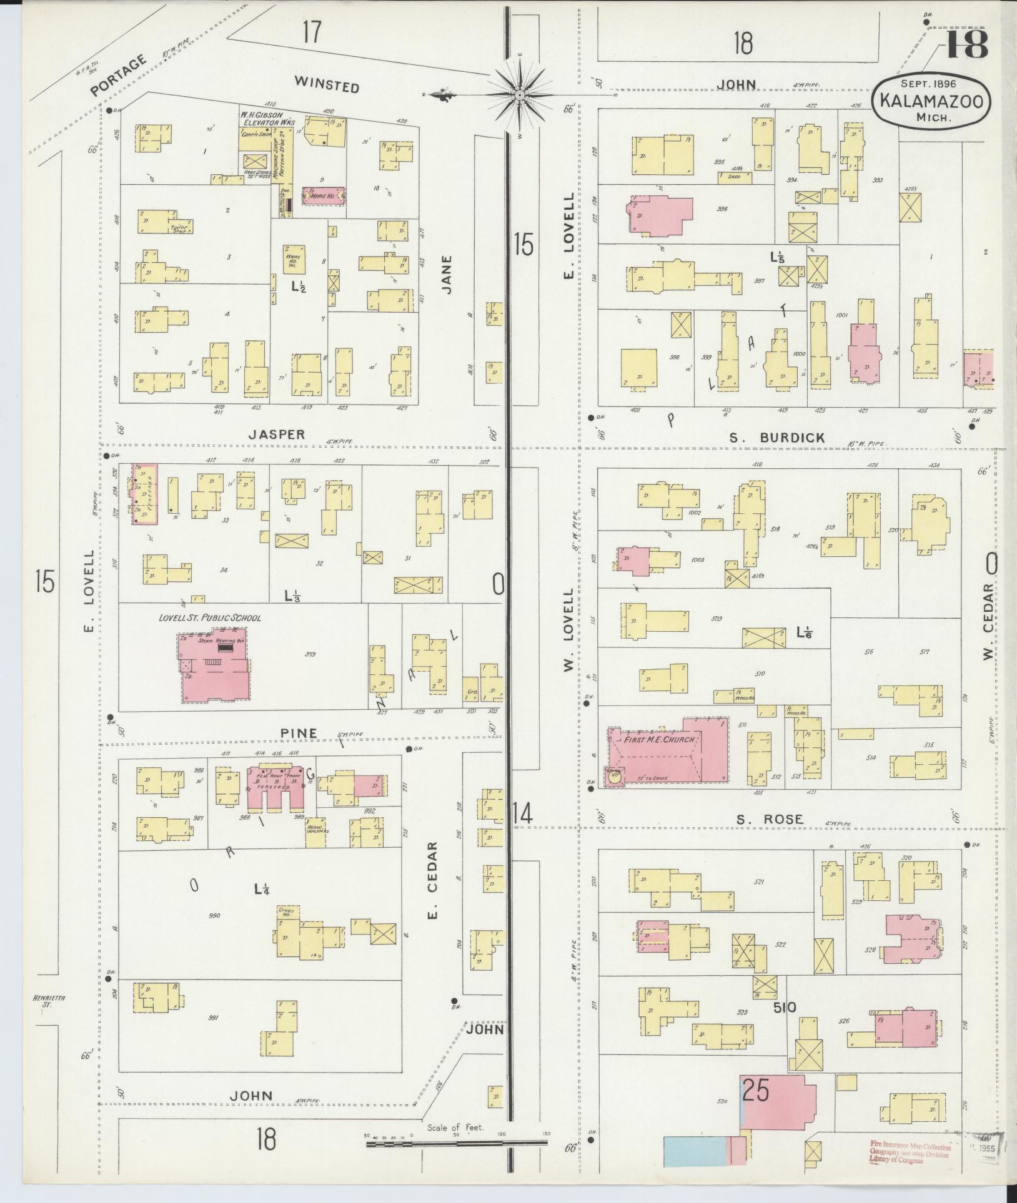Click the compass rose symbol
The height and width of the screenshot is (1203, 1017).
point(519,95)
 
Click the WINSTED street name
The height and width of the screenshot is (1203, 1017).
point(327,84)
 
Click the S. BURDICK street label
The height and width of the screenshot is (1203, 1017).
point(786,438)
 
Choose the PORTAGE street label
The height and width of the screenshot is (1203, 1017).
point(119,76)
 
